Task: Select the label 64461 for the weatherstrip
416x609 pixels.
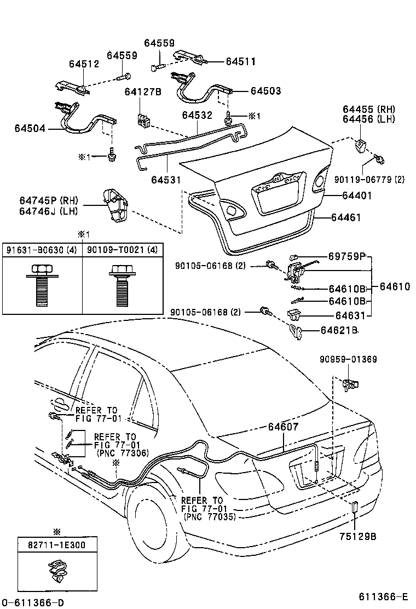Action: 346,217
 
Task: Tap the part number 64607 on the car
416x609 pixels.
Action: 283,427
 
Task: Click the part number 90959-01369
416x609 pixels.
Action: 349,359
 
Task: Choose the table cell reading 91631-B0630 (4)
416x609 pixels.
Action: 42,250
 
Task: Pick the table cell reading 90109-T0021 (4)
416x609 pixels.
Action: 123,250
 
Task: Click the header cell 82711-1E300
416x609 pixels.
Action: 56,545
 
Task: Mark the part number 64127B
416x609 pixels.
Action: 142,91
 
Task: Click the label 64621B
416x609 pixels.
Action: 339,330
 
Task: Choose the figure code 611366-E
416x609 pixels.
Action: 384,597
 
